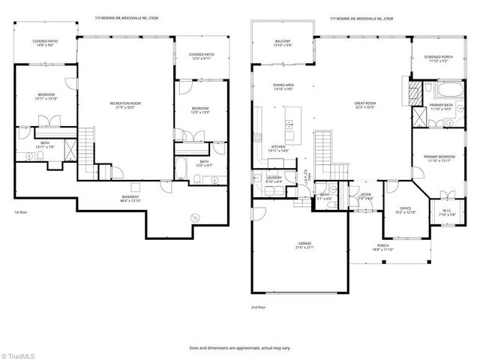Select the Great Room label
pyautogui.click(x=364, y=106)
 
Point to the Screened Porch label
pyautogui.click(x=437, y=58)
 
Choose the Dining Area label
pyautogui.click(x=283, y=87)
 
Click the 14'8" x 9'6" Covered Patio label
pyautogui.click(x=46, y=43)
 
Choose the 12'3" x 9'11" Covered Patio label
pyautogui.click(x=201, y=56)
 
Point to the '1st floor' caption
pyautogui.click(x=21, y=213)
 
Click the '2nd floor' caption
pyautogui.click(x=259, y=307)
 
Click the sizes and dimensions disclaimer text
pyautogui.click(x=239, y=348)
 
